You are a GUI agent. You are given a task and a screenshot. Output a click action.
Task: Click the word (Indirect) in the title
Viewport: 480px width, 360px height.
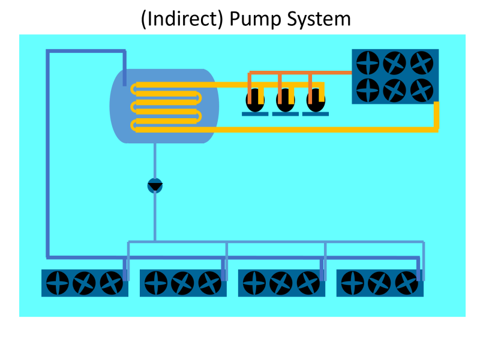181,19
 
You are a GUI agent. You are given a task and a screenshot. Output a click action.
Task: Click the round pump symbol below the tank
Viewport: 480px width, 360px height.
155,185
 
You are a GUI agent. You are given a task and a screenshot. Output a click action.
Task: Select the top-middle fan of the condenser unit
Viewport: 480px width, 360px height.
395,62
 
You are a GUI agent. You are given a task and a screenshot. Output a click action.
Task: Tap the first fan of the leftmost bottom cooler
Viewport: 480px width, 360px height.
58,283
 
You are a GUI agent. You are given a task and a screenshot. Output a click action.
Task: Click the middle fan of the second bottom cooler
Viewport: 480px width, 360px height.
183,283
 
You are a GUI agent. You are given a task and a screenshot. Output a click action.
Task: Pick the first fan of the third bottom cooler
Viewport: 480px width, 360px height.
254,283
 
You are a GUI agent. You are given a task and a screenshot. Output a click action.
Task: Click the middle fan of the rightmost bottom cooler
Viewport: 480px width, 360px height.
380,283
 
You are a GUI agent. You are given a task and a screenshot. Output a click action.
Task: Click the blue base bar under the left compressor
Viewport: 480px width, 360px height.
255,114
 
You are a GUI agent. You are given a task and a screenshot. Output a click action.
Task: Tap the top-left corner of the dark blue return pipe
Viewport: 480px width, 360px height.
48,52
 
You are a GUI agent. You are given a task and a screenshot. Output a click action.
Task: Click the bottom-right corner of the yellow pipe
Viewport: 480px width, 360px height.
436,129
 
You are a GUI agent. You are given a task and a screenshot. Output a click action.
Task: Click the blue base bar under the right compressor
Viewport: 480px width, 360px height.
316,114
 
